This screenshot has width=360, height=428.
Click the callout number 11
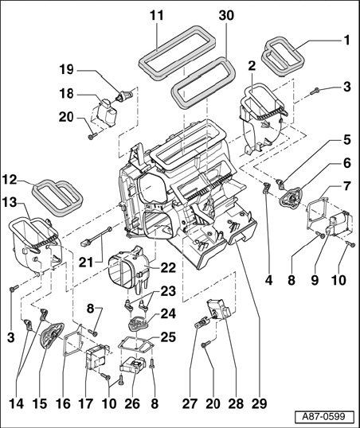click(x=157, y=16)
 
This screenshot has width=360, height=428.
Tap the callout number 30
click(x=226, y=16)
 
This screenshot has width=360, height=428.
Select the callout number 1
click(x=346, y=41)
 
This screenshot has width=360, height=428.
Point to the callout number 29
click(x=259, y=403)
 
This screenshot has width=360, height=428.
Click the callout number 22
click(x=168, y=268)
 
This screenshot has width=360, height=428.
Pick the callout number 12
click(x=10, y=180)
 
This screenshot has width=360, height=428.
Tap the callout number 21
click(x=86, y=263)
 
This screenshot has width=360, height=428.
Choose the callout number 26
click(x=132, y=403)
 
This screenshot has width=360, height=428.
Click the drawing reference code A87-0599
click(x=324, y=417)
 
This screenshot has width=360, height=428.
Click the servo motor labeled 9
click(x=339, y=223)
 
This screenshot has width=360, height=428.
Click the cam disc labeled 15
click(x=51, y=336)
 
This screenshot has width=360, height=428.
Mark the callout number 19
click(x=67, y=69)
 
